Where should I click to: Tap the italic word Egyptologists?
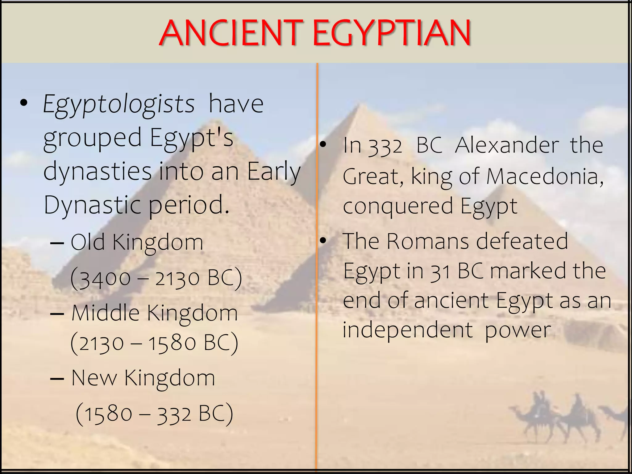[119, 104]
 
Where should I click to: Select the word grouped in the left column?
[92, 138]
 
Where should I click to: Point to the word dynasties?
[98, 171]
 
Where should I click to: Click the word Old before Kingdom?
[88, 242]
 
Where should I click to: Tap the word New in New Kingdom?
[94, 378]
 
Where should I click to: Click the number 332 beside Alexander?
[386, 146]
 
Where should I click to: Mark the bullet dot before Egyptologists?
[24, 104]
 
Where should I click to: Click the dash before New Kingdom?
[57, 378]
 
